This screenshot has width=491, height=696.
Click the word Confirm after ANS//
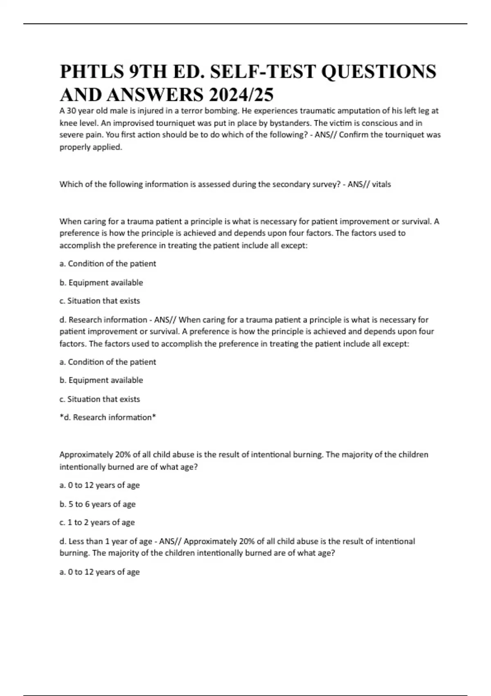[x=354, y=135]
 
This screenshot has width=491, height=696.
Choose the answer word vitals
[x=381, y=185]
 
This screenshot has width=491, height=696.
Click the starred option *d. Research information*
[x=108, y=418]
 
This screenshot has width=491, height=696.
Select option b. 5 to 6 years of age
[x=97, y=504]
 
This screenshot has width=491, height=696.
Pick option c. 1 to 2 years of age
[x=97, y=522]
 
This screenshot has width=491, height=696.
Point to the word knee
[x=67, y=123]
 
